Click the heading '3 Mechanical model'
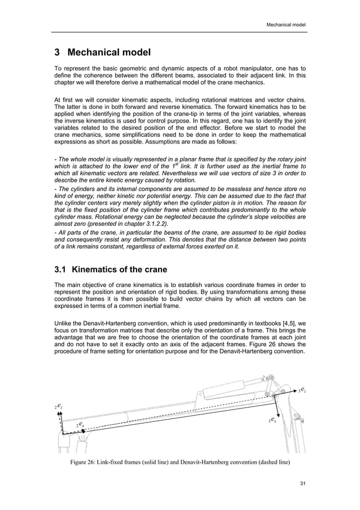(x=102, y=53)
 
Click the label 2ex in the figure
(x=80, y=424)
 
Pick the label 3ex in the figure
(x=272, y=420)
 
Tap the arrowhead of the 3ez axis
(x=295, y=390)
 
